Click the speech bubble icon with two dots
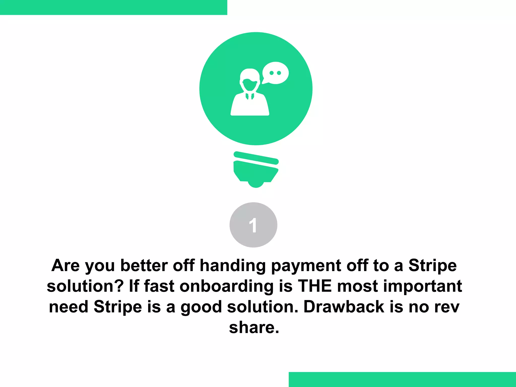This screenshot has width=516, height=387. (x=275, y=73)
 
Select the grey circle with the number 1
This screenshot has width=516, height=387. (x=253, y=225)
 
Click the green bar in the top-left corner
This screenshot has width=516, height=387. (x=113, y=7)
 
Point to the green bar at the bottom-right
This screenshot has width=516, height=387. (x=402, y=379)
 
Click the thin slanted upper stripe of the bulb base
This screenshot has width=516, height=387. (x=256, y=158)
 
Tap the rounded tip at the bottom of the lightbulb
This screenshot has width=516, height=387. (x=256, y=184)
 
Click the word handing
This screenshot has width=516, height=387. (x=233, y=266)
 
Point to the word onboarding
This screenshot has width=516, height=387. (x=227, y=287)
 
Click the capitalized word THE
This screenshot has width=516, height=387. (x=315, y=286)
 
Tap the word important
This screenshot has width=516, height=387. (x=423, y=287)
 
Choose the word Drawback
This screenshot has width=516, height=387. (x=344, y=307)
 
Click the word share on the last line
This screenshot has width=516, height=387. (x=254, y=328)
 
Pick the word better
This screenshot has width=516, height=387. (x=144, y=266)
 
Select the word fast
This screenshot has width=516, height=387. (x=159, y=286)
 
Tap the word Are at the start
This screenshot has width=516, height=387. (x=66, y=266)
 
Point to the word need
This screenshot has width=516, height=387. (x=69, y=307)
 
